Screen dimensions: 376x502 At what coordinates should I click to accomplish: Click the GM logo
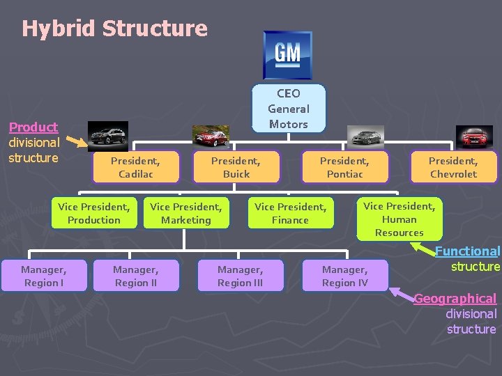tap(287, 55)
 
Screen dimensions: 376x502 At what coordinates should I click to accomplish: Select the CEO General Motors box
tap(288, 109)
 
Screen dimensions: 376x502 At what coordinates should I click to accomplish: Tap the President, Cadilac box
tap(135, 167)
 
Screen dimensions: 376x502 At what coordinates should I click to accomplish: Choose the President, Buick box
tap(236, 167)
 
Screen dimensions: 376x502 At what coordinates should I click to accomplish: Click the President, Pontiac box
tap(344, 167)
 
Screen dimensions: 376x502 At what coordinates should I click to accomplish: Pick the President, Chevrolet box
tap(453, 167)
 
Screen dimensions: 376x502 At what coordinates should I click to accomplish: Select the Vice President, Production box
tap(94, 213)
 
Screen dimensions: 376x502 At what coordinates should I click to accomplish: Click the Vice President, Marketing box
tap(185, 213)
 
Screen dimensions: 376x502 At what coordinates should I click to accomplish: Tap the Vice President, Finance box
tap(290, 213)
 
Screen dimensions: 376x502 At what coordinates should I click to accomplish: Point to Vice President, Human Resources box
tap(399, 219)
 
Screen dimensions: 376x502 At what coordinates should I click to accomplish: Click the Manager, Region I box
tap(43, 276)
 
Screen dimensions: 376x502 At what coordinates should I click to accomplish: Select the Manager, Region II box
tap(135, 276)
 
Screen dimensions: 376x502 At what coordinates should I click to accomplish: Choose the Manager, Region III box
tap(240, 276)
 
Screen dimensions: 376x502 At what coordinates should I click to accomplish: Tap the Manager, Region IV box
tap(344, 276)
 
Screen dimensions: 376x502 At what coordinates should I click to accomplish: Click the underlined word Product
tap(33, 127)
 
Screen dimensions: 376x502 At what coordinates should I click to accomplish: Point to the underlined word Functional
tap(468, 251)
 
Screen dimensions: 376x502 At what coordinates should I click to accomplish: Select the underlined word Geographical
tap(455, 299)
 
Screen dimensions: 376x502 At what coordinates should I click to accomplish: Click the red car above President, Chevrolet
tap(474, 136)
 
